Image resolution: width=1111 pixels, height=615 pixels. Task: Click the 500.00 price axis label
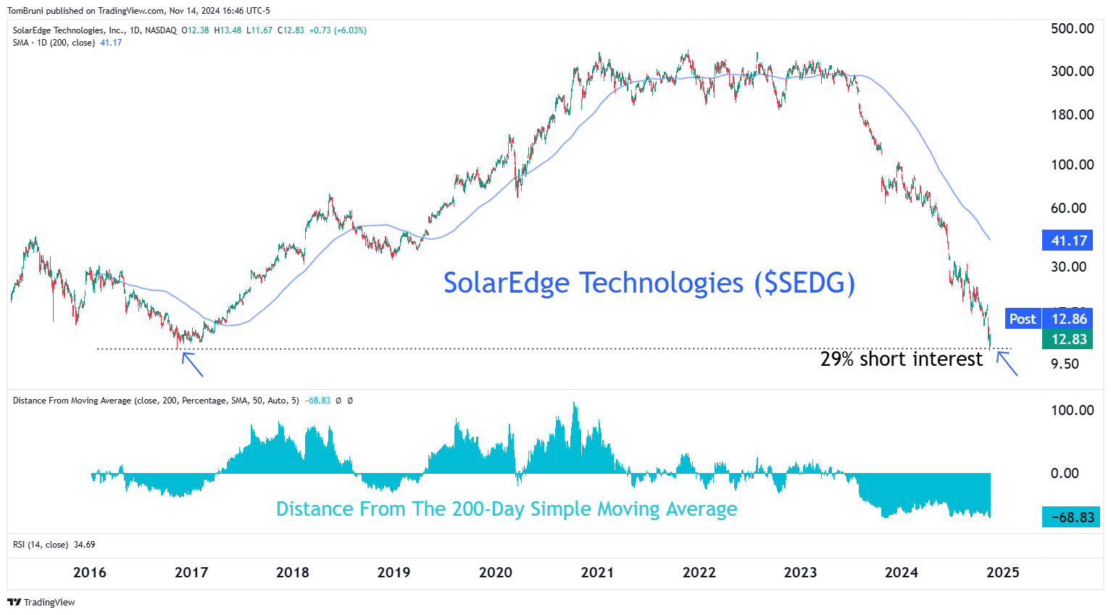pyautogui.click(x=1072, y=29)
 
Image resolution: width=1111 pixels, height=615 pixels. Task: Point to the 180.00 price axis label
pyautogui.click(x=1072, y=114)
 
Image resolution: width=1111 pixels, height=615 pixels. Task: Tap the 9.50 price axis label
pyautogui.click(x=1065, y=364)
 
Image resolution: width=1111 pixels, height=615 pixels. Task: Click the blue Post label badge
pyautogui.click(x=1022, y=319)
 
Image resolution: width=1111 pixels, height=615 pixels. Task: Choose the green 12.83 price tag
pyautogui.click(x=1069, y=339)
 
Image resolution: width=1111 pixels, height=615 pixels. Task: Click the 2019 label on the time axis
pyautogui.click(x=394, y=572)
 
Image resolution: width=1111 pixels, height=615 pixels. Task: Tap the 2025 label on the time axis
pyautogui.click(x=1003, y=572)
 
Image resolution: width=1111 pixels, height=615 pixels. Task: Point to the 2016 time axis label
pyautogui.click(x=90, y=572)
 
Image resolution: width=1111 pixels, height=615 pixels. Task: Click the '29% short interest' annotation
pyautogui.click(x=901, y=359)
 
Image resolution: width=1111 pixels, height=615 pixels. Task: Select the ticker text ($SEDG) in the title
pyautogui.click(x=804, y=283)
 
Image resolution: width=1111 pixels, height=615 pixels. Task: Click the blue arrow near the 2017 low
pyautogui.click(x=192, y=364)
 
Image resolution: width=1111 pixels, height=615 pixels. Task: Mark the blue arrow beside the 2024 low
pyautogui.click(x=1007, y=364)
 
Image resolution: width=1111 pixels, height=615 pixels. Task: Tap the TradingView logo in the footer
pyautogui.click(x=41, y=602)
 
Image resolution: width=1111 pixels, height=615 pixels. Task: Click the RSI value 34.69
pyautogui.click(x=84, y=545)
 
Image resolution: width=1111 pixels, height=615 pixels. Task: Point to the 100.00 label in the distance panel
pyautogui.click(x=1072, y=410)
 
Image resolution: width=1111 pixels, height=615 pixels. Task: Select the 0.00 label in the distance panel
pyautogui.click(x=1065, y=473)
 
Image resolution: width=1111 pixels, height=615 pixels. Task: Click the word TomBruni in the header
pyautogui.click(x=25, y=11)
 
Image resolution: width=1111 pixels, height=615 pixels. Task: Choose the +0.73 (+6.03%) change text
pyautogui.click(x=338, y=30)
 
